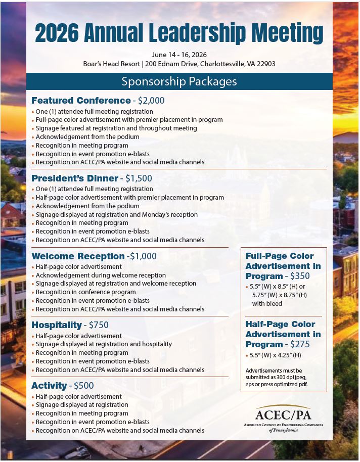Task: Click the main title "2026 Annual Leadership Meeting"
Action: click(x=179, y=33)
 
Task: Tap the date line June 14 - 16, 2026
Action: click(x=179, y=55)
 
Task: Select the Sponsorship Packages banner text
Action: click(x=179, y=81)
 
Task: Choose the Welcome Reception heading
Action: click(x=78, y=256)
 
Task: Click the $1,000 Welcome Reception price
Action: click(x=143, y=256)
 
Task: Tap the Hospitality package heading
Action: click(x=57, y=325)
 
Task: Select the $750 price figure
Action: click(x=99, y=325)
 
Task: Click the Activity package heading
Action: click(x=49, y=386)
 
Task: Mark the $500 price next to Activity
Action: click(x=84, y=386)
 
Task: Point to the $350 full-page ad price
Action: click(x=300, y=276)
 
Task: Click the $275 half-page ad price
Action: click(x=300, y=344)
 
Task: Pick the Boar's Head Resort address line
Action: click(x=179, y=64)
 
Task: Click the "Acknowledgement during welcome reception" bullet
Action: click(x=101, y=275)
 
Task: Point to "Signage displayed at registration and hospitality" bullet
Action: click(x=104, y=344)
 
